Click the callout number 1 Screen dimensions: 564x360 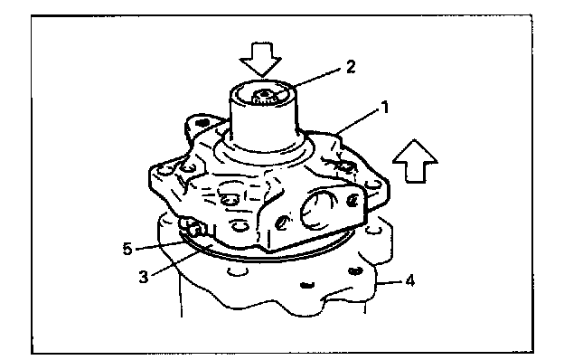[x=385, y=108]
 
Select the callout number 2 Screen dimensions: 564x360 [x=351, y=67]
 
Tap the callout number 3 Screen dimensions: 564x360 [x=144, y=277]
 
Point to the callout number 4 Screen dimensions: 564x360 [x=409, y=280]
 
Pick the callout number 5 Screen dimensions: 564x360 [x=127, y=249]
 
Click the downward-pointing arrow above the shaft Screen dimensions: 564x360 [x=261, y=60]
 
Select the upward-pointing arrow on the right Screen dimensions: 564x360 [x=415, y=161]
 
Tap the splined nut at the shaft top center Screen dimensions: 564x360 [x=265, y=97]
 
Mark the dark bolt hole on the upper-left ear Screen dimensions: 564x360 [x=202, y=123]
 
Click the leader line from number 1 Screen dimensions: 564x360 [x=357, y=122]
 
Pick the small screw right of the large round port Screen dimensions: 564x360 [x=352, y=200]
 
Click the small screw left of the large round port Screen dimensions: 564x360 [x=283, y=223]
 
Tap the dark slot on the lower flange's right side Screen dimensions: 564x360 [x=355, y=270]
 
